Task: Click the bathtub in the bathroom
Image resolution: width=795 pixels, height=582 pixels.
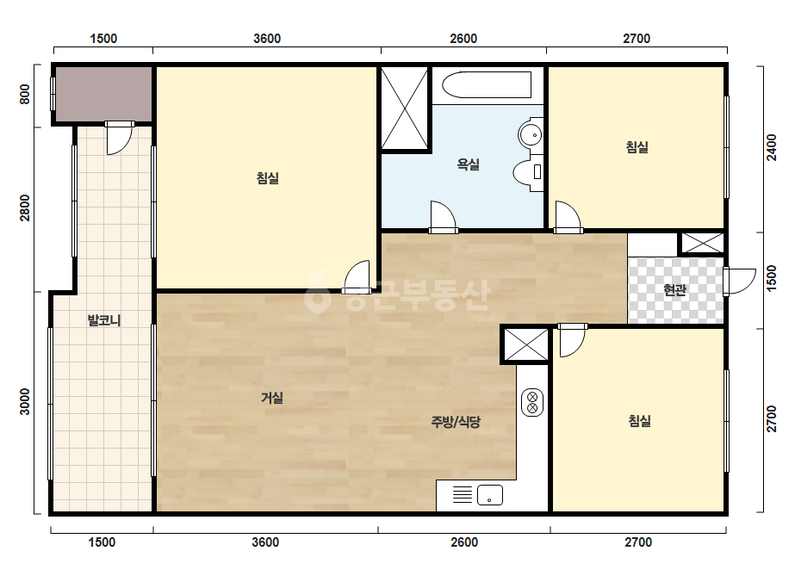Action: pyautogui.click(x=487, y=84)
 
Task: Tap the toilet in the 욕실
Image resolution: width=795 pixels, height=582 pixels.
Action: pyautogui.click(x=527, y=172)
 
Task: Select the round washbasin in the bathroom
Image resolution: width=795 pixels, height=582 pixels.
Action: pyautogui.click(x=531, y=135)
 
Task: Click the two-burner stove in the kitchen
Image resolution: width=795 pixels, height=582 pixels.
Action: pyautogui.click(x=532, y=402)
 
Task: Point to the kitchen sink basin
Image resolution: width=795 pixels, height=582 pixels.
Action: pyautogui.click(x=490, y=495)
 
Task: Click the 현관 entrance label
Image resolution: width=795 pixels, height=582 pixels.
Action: pyautogui.click(x=674, y=290)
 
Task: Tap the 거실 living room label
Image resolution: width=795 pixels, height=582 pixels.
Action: pyautogui.click(x=272, y=398)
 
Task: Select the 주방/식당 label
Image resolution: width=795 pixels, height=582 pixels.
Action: pyautogui.click(x=456, y=421)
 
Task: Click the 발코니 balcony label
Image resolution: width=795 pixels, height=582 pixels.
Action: pyautogui.click(x=104, y=320)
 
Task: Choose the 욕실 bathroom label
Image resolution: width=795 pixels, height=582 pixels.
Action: pyautogui.click(x=468, y=164)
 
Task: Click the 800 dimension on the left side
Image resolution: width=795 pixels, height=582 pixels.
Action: pyautogui.click(x=24, y=95)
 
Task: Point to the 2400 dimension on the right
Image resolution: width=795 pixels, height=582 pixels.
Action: pyautogui.click(x=771, y=147)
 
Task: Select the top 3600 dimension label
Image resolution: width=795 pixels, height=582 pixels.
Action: pyautogui.click(x=267, y=39)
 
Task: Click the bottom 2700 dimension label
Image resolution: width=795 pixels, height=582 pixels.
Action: pyautogui.click(x=638, y=542)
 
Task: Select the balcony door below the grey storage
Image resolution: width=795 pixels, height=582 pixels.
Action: pyautogui.click(x=119, y=138)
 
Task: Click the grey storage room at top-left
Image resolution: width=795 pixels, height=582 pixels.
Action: pyautogui.click(x=103, y=95)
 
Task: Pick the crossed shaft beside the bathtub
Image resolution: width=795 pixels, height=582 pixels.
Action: pyautogui.click(x=404, y=108)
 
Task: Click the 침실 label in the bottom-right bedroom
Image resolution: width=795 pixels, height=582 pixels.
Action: pyautogui.click(x=639, y=421)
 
